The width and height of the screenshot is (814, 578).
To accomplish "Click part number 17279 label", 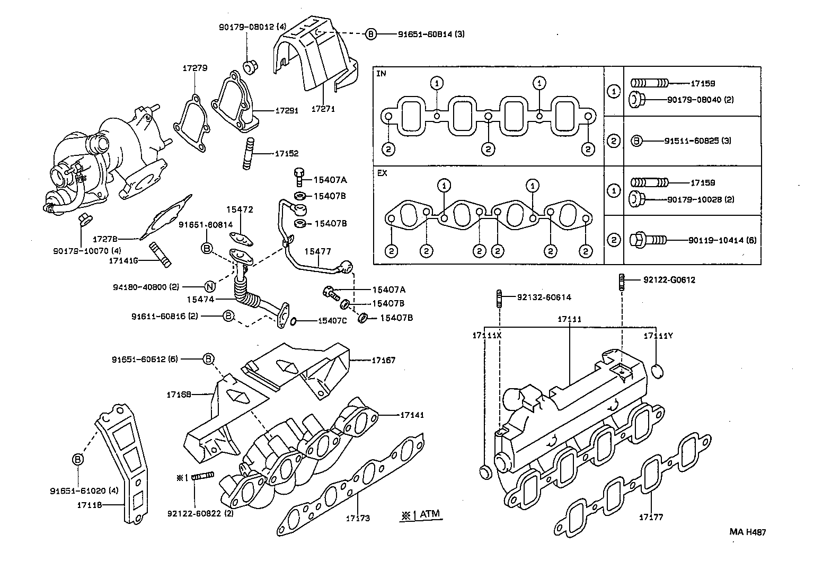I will coord(195,68).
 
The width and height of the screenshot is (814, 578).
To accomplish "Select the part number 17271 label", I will coord(323,109).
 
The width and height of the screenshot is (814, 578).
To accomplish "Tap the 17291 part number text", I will coord(286,111).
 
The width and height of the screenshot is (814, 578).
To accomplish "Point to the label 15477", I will coord(317,251).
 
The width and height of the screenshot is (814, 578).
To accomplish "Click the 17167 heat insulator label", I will coord(383,361).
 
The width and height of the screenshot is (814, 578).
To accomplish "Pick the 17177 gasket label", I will coord(651,517).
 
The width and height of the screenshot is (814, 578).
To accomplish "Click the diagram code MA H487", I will coord(747,532).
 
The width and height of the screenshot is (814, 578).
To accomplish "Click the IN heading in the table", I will coord(382,74).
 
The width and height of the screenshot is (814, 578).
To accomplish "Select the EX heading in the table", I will coord(382,173).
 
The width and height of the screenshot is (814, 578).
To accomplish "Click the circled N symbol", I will coord(209,287).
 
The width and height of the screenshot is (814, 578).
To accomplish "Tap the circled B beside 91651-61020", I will coord(78,459).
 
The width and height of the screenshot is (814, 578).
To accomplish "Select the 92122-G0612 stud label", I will coord(669,280).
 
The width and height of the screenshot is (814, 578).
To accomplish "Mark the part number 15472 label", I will coord(240,210).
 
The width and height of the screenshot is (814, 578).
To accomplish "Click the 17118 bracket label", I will coord(92,505).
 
